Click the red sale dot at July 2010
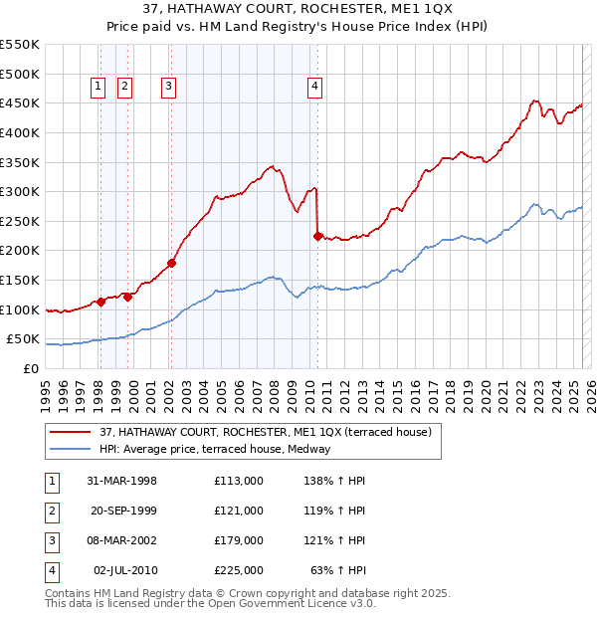317,236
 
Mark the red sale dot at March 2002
171,263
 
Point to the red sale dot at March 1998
100,302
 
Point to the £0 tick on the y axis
30,368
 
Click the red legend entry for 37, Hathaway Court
265,432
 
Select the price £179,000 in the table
238,540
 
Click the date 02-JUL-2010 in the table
124,570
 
